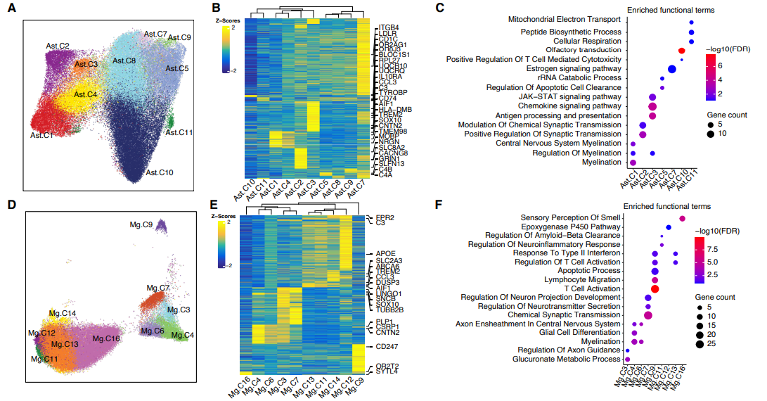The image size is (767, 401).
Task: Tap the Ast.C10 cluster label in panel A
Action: pos(160,172)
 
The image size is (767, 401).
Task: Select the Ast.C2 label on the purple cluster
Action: pos(58,46)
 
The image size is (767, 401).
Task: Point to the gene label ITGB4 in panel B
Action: pos(389,27)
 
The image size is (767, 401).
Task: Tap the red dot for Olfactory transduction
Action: pos(681,51)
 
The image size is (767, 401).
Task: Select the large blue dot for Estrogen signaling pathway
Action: pos(672,69)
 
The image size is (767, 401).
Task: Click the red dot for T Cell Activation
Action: pos(655,288)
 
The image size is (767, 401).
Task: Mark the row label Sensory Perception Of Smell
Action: pos(569,217)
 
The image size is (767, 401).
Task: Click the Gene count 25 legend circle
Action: pos(701,344)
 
